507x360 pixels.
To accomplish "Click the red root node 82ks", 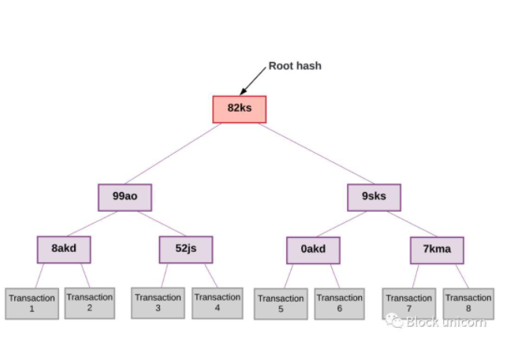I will [x=240, y=109].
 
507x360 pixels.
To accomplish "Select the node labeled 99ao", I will [x=125, y=197].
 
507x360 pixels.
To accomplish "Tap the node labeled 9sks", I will [x=374, y=197].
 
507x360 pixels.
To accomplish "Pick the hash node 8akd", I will [x=63, y=249].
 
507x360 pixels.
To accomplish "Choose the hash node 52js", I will [x=186, y=249].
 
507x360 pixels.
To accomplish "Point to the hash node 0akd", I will [x=313, y=251].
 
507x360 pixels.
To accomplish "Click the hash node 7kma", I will [x=437, y=250].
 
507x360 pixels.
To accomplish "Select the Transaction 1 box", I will [x=32, y=303].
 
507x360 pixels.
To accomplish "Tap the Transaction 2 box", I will [x=90, y=302].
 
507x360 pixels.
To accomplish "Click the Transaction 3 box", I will [x=158, y=302].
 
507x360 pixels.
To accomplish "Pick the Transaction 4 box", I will [x=217, y=302].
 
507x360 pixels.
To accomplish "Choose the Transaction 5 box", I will [x=281, y=303].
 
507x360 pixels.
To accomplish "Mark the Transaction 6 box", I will [x=339, y=303].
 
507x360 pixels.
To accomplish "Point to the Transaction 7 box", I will [x=408, y=303].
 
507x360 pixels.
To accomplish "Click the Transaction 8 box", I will [x=468, y=303].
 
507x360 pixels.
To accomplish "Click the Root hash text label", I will [x=295, y=66].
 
